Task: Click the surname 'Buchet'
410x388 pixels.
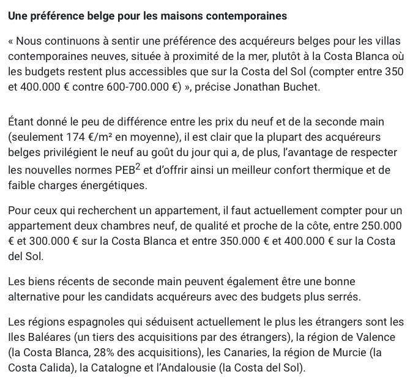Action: [297, 86]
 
